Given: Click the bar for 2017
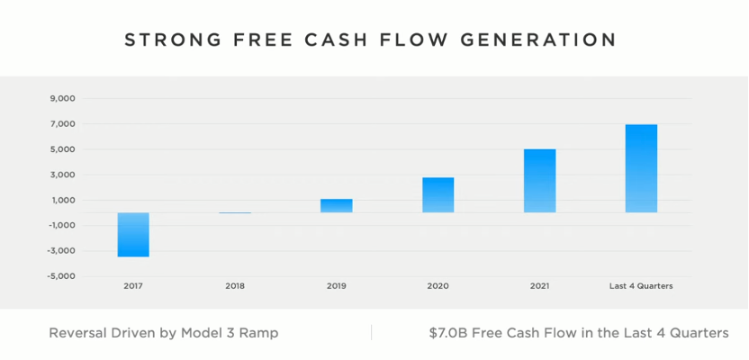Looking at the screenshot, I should pos(133,235).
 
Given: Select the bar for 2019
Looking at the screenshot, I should pos(337,206).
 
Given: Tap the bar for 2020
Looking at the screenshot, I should pos(438,195).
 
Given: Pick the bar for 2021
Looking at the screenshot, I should pos(539,181).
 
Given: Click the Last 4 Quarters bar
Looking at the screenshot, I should pos(641,168).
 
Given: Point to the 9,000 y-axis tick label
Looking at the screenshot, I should pos(62,99).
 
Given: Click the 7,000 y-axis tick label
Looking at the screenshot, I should pos(62,124).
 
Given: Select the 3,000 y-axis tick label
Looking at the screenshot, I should pos(62,175).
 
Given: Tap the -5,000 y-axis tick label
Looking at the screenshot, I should pos(60,275).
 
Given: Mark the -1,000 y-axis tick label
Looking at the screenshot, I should pos(60,225).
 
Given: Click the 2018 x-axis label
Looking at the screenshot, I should pos(234,286).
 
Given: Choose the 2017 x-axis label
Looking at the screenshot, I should pos(133,286).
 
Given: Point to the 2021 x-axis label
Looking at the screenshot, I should pos(539,286).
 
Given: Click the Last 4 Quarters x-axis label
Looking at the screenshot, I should pos(641,286).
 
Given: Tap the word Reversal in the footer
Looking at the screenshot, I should pos(77,333).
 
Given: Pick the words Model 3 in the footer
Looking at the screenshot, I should pos(209,333).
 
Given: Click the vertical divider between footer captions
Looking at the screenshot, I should pos(371,332).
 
